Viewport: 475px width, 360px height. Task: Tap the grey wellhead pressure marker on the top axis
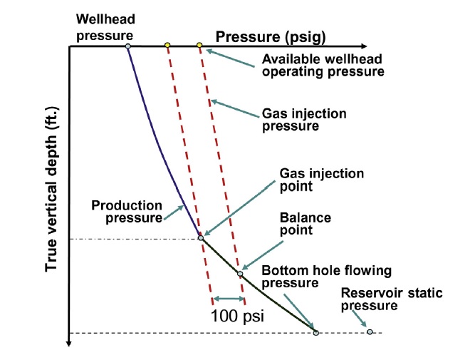pyautogui.click(x=127, y=47)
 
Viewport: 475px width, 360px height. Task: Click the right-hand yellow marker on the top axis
pyautogui.click(x=199, y=46)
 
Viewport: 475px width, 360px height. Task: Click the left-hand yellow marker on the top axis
pyautogui.click(x=167, y=46)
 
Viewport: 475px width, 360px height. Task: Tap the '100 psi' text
pyautogui.click(x=238, y=315)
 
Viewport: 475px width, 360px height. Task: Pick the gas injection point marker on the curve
pyautogui.click(x=201, y=238)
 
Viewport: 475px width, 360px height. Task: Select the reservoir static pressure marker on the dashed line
pyautogui.click(x=370, y=331)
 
